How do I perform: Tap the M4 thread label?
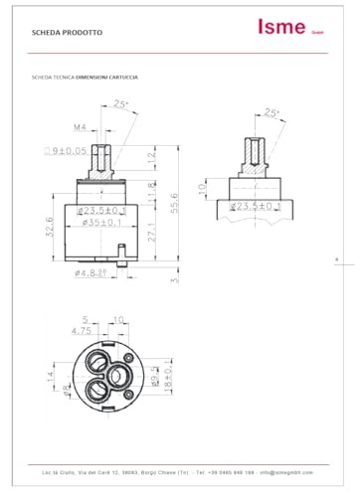click(79, 127)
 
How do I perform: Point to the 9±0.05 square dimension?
click(65, 150)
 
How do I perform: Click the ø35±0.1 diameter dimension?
click(99, 223)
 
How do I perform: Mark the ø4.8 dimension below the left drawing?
click(91, 271)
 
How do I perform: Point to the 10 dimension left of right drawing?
click(203, 187)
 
